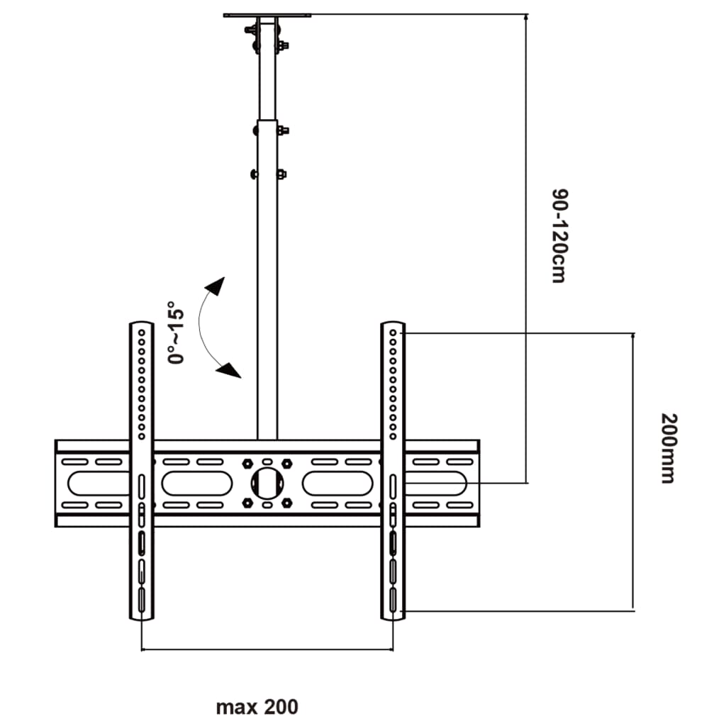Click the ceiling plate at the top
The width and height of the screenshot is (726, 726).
pos(267,15)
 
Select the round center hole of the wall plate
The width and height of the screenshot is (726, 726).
pos(267,483)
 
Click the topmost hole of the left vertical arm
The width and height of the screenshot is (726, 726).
pos(141,330)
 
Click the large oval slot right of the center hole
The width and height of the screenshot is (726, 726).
pos(337,483)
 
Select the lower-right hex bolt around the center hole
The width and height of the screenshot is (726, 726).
pos(286,503)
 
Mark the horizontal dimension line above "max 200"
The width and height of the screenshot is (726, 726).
pos(267,649)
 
